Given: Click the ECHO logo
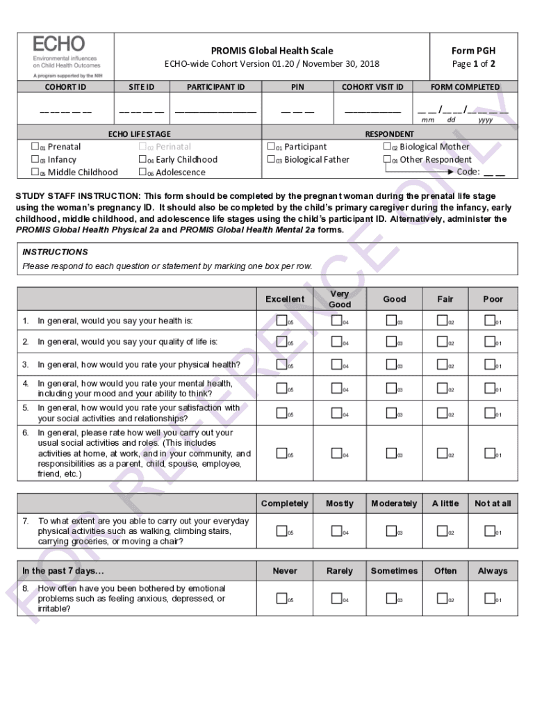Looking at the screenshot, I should tap(65, 56).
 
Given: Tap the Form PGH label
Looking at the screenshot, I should tap(473, 51).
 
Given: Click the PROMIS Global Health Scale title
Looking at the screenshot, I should tap(272, 51).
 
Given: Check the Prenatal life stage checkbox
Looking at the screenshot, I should tap(35, 147).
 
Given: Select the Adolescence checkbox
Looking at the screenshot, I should tap(142, 172).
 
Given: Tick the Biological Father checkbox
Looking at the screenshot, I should tap(271, 159).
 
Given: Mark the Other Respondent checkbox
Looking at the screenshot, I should tap(387, 159).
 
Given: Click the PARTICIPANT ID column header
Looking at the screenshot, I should tap(215, 87).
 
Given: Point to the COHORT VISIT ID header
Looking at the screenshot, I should tap(372, 87).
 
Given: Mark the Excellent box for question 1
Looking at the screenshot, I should tap(281, 321).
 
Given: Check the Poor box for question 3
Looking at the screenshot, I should tap(489, 364).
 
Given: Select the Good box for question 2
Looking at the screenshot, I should tap(391, 341).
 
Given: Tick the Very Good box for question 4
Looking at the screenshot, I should tap(336, 388).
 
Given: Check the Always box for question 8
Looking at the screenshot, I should tap(489, 599).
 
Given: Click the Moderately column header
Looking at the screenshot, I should tap(394, 503).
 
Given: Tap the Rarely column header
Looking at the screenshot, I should tap(340, 571).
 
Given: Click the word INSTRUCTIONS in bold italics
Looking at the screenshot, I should tap(55, 252).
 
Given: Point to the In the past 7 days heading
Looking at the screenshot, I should tap(63, 571).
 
